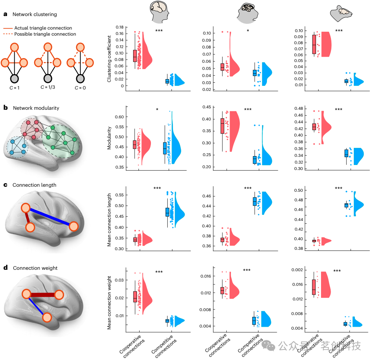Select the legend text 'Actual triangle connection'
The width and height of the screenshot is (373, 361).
(43, 28)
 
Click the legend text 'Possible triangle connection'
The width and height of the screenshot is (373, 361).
(45, 34)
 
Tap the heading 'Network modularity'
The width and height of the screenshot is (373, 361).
(36, 108)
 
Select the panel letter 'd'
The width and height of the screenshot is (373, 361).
(5, 268)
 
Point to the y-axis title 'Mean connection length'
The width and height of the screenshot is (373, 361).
(110, 220)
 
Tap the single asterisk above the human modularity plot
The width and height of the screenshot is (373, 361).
(157, 109)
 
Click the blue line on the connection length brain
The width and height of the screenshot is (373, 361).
(49, 217)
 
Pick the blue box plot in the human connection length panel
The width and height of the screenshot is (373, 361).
(167, 212)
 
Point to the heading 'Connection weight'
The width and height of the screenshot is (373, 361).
(35, 268)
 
